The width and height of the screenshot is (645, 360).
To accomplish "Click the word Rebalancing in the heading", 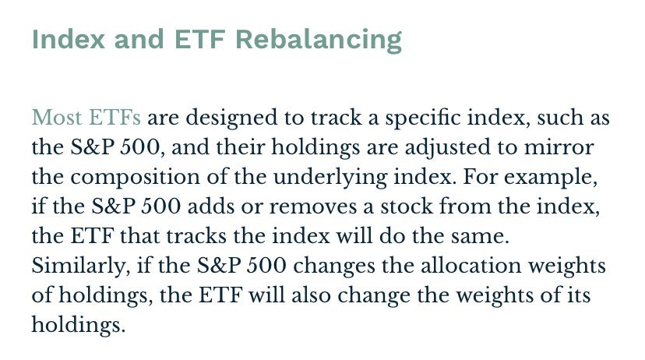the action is coord(319,41).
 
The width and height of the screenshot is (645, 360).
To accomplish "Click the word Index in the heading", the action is coord(69,39).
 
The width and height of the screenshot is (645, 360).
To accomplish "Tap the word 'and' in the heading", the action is coord(139,39).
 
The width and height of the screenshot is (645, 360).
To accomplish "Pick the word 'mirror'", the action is coord(559,147).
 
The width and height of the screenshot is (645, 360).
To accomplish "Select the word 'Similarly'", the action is coord(78,266).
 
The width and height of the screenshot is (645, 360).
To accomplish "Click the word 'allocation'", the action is coord(471,266).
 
